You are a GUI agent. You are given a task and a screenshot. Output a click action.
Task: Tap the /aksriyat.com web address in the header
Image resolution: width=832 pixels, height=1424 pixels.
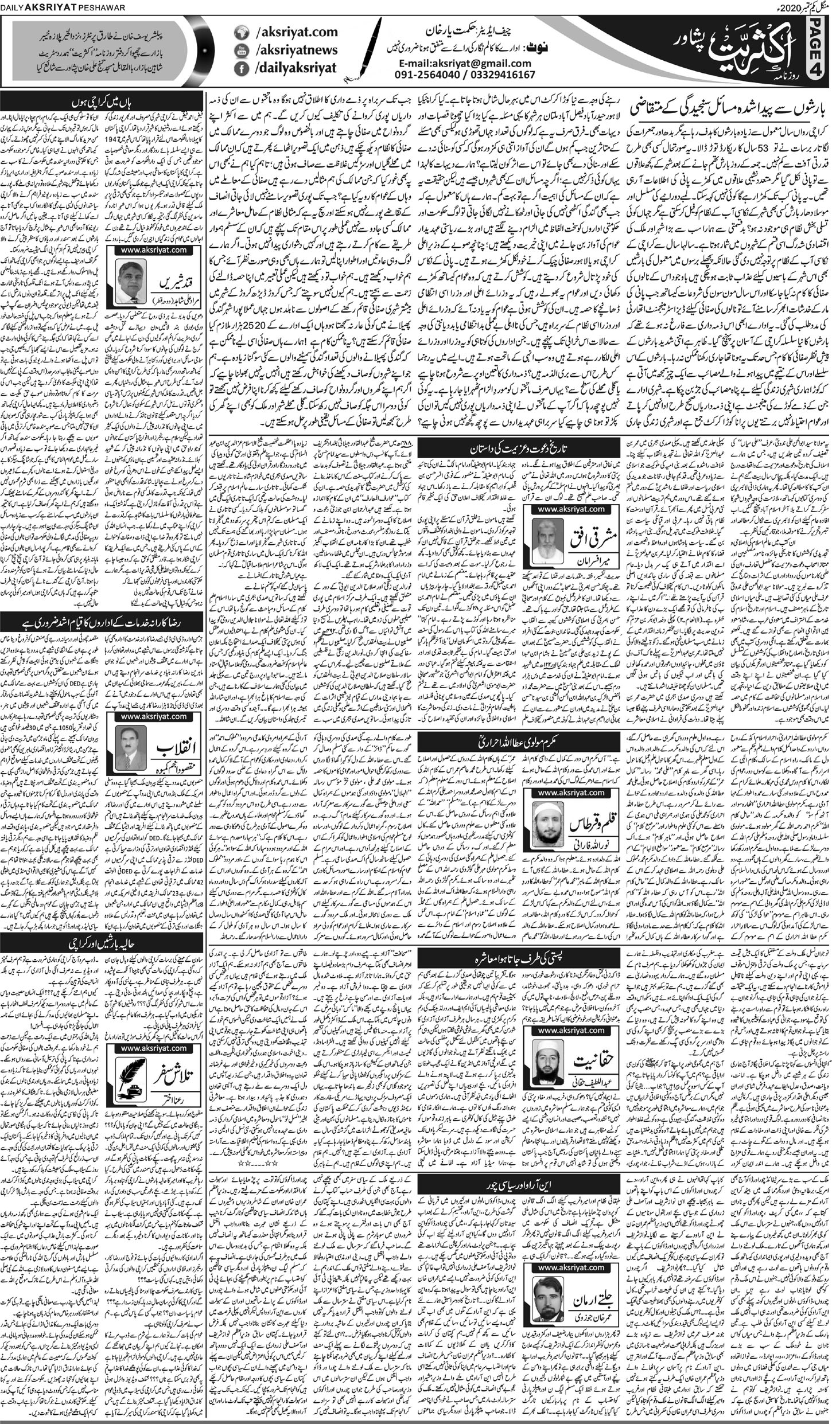[279, 33]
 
